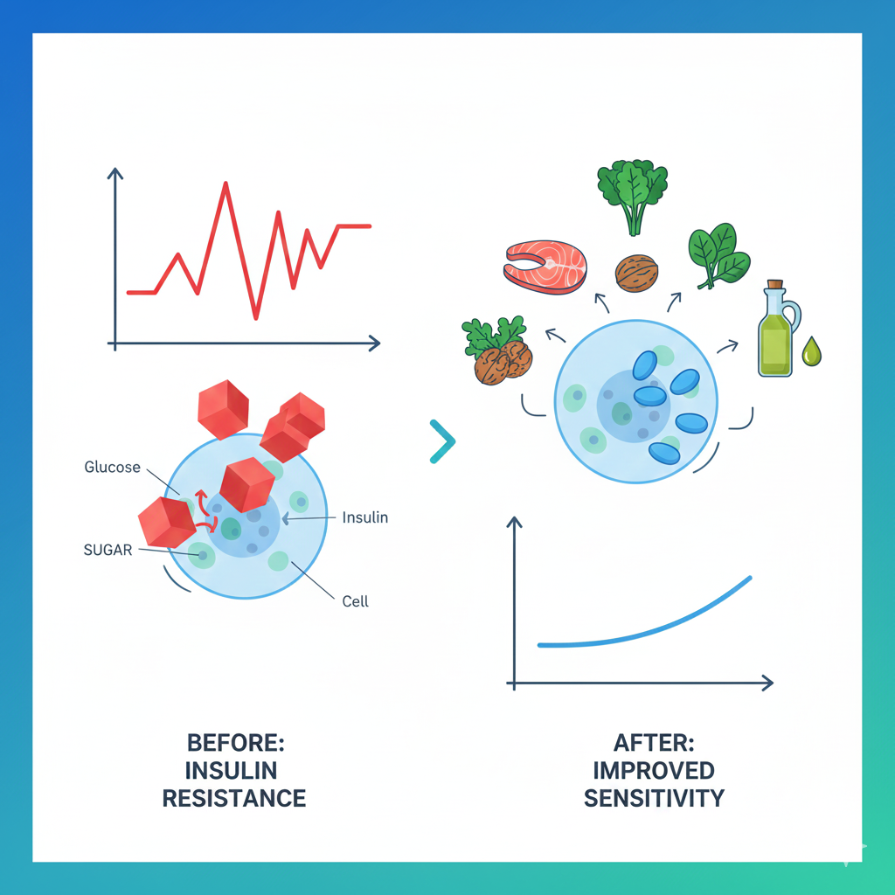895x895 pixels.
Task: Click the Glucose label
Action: coord(112,468)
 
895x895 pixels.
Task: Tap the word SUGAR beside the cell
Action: coord(108,550)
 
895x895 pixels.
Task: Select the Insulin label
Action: coord(364,517)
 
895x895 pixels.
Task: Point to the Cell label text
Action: coord(355,601)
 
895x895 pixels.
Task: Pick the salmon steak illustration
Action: coord(545,266)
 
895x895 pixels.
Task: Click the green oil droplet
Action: coord(813,352)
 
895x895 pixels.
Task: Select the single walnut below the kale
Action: coord(635,273)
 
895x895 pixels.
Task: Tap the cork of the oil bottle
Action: coord(774,286)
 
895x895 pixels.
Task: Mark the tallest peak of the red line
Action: coord(226,184)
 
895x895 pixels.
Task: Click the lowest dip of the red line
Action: coord(256,317)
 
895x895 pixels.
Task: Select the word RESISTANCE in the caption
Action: coord(234,798)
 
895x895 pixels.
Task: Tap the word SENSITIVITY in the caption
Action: coord(654,798)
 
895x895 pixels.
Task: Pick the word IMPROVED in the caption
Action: coord(654,771)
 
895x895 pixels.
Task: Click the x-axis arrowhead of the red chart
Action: coord(375,343)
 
